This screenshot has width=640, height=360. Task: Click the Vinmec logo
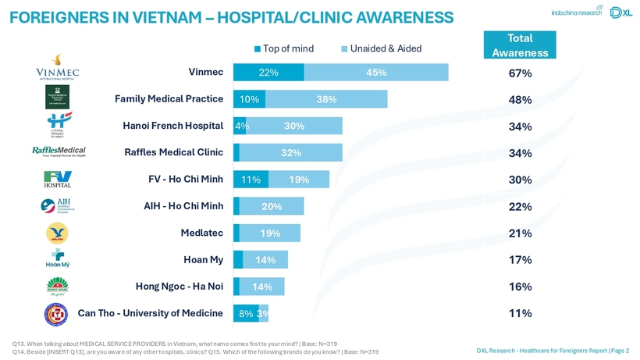57,68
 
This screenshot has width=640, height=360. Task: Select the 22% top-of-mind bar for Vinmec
268,73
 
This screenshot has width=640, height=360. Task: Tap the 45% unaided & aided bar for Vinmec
376,73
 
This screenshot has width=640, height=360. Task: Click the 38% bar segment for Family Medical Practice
326,99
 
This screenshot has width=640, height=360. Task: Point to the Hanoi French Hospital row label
173,126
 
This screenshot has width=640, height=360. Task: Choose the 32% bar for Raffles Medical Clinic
291,153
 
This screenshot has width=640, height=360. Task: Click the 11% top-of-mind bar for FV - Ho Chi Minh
251,180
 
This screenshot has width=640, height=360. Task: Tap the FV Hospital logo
57,179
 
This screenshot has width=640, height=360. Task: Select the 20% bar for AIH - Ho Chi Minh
272,206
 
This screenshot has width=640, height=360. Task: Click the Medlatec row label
201,233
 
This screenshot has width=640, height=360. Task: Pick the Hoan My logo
57,259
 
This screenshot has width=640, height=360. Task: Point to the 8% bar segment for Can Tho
245,313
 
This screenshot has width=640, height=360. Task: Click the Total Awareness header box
520,45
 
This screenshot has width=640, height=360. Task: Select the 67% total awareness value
520,73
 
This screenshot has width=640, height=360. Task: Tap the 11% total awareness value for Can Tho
520,314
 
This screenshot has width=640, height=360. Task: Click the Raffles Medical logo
58,151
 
